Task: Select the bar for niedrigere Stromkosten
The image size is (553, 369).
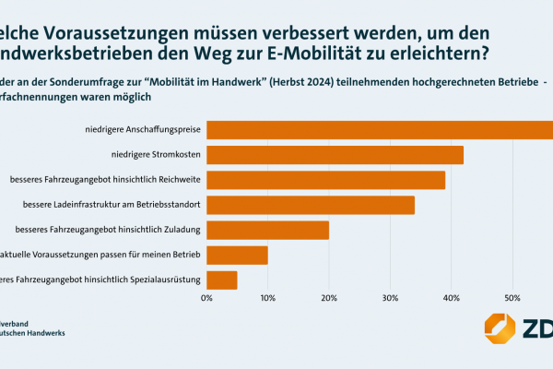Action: click(x=335, y=155)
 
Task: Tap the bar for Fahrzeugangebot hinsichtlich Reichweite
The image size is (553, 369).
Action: click(x=325, y=180)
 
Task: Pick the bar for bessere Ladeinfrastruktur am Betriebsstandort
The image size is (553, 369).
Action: click(x=311, y=205)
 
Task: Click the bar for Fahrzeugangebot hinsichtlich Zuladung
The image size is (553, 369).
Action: click(x=267, y=230)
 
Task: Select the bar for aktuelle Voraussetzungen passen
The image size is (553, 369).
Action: click(x=237, y=255)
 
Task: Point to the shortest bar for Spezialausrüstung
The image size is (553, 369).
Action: click(x=222, y=280)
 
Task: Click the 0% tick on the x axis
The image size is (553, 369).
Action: click(x=206, y=298)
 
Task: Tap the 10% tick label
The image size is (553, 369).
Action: click(x=267, y=298)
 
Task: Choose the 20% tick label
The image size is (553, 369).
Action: click(x=329, y=298)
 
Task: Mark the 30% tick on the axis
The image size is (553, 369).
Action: click(x=391, y=298)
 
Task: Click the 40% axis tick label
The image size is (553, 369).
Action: click(x=452, y=298)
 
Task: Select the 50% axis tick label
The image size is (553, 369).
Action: click(x=513, y=298)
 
